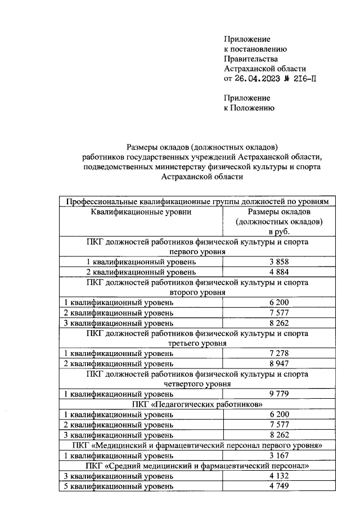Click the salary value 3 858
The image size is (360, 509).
279,262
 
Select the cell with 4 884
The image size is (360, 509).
279,272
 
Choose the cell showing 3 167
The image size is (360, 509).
279,455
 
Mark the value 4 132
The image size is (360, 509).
279,476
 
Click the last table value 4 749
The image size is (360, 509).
279,486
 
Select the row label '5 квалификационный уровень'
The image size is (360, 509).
118,486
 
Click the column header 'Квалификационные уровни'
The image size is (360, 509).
141,212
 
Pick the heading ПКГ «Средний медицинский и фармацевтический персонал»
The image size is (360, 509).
197,466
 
